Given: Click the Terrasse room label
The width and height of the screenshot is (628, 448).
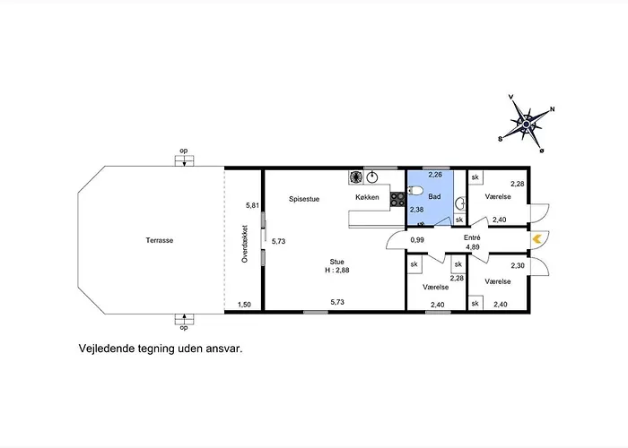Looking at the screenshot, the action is click(160, 240).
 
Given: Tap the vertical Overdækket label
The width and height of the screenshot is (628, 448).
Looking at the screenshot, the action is click(245, 244).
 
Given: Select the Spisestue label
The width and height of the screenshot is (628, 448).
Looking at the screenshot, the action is click(304, 199).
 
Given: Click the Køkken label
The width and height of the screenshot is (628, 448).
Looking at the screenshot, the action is click(367, 197).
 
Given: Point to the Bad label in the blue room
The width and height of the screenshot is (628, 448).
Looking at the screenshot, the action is click(434, 196).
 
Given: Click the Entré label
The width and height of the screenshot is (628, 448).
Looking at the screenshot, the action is click(472, 237).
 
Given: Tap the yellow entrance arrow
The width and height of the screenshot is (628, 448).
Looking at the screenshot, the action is click(536, 239).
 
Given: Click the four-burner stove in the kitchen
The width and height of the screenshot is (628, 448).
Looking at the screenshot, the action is click(397, 199).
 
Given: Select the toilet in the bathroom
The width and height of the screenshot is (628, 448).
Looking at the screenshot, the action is click(414, 190).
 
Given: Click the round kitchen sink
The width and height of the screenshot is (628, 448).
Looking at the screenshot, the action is click(372, 177).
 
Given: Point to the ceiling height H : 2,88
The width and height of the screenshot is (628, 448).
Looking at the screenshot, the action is click(336, 270).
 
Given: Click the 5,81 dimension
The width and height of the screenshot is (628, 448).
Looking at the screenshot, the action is click(253, 205).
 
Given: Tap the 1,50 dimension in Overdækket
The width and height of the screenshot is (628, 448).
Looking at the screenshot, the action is click(244, 305).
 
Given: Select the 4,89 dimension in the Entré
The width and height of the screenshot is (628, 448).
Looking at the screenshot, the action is click(473, 247).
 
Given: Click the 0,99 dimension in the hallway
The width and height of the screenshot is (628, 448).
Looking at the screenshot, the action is click(417, 240).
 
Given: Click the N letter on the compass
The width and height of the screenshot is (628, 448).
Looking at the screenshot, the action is click(553, 108).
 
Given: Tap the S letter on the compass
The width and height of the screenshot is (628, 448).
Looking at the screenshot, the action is click(500, 139).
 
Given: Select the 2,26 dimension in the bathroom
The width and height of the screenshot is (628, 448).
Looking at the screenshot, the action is click(435, 175).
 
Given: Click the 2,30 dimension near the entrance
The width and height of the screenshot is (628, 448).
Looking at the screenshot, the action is click(518, 265).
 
